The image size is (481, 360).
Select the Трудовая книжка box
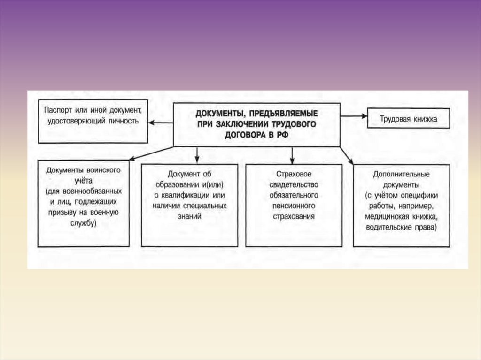click(x=409, y=119)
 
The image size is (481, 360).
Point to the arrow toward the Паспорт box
click(x=160, y=123)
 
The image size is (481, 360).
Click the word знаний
click(x=190, y=216)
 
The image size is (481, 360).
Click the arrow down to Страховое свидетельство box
click(x=292, y=155)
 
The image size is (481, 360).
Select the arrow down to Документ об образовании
click(x=197, y=154)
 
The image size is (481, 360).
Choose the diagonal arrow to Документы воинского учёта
click(x=150, y=153)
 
